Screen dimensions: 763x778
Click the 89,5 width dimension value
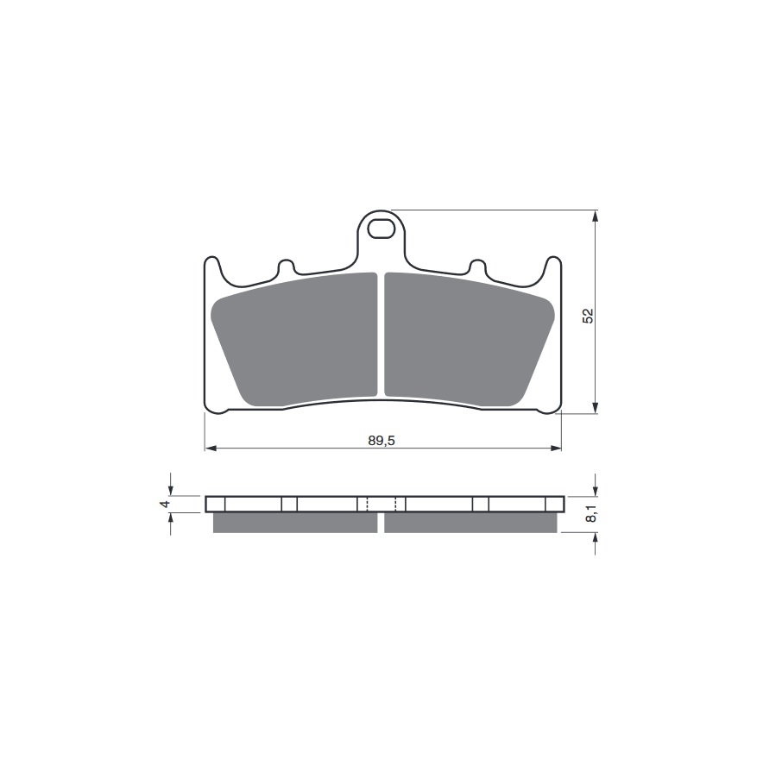(381, 441)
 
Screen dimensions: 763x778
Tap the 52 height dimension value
(589, 316)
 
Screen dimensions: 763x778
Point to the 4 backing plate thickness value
(166, 504)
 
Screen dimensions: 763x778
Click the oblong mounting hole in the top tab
(381, 229)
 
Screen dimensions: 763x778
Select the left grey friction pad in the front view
(293, 340)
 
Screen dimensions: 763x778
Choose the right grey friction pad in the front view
(470, 340)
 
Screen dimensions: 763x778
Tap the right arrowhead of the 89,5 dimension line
(556, 449)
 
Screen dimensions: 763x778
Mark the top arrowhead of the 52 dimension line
(596, 216)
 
